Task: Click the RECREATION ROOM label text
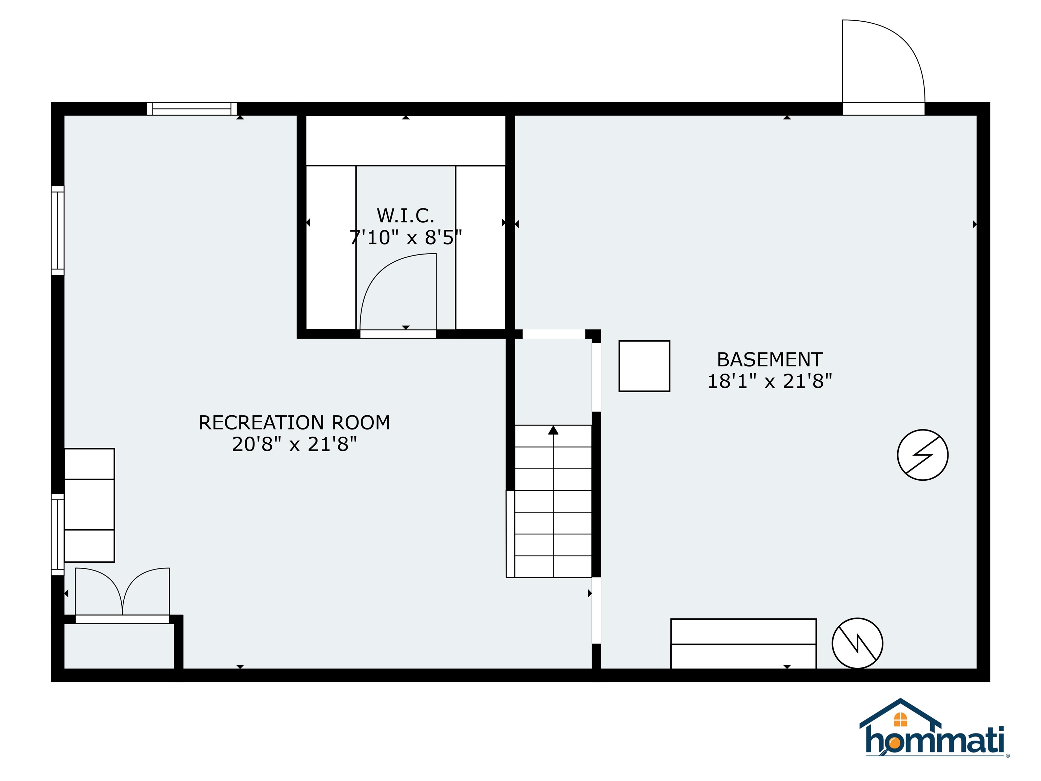pos(294,423)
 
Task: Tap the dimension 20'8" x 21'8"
pos(294,444)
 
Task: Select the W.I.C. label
pos(405,216)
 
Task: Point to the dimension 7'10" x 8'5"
pos(405,238)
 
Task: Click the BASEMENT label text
pos(770,360)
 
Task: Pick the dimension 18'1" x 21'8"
pos(770,381)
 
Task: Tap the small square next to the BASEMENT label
pos(644,366)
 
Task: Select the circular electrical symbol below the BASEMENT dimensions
pos(922,455)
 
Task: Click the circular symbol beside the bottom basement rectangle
pos(857,643)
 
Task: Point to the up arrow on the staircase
pos(553,430)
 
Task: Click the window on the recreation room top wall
pos(191,109)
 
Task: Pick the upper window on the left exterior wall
pos(57,230)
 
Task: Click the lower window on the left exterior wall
pos(57,534)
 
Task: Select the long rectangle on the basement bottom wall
pos(743,643)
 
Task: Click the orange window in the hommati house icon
pos(900,720)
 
